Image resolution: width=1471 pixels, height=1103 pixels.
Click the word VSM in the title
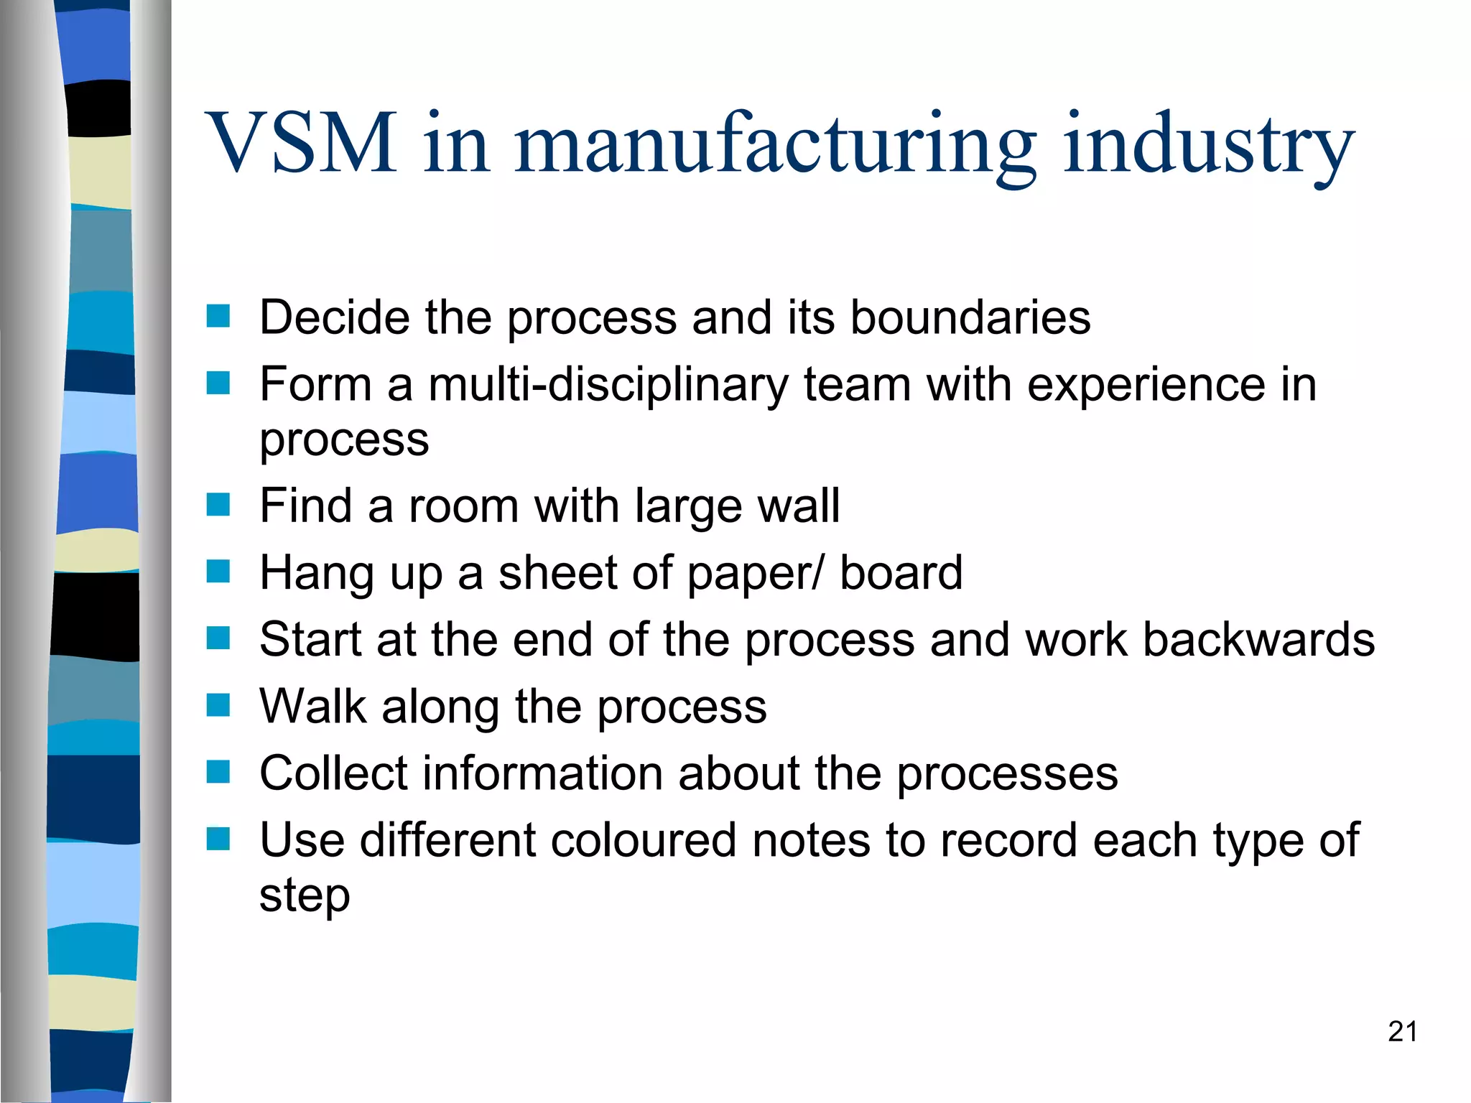(301, 143)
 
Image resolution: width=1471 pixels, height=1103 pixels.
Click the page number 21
(1402, 1032)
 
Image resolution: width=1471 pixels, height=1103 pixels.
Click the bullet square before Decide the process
(218, 316)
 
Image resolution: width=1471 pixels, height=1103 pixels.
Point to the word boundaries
(970, 317)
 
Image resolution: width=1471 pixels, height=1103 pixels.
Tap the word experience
(1145, 385)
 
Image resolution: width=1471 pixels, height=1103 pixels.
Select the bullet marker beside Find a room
(218, 505)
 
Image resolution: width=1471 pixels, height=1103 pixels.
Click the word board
(901, 573)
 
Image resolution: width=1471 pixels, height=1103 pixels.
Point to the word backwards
(1258, 640)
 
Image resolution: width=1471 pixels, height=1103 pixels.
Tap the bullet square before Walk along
(218, 705)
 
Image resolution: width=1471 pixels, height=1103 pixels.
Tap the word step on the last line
(305, 896)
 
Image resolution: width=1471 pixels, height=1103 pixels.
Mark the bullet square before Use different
(218, 839)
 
